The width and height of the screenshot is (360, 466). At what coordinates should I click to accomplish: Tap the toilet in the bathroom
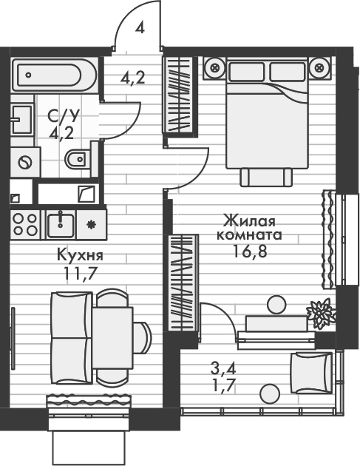[77, 159]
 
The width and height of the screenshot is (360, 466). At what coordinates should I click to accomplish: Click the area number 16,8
[248, 251]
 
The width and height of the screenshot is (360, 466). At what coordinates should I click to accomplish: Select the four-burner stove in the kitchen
[25, 223]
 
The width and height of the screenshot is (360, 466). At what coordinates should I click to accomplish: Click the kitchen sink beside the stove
[58, 222]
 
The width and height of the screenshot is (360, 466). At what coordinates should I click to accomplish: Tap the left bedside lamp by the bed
[215, 68]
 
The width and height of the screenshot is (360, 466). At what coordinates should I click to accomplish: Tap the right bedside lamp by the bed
[319, 68]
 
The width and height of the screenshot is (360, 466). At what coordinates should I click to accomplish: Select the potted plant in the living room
[321, 313]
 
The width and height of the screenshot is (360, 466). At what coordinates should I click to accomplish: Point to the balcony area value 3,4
[219, 367]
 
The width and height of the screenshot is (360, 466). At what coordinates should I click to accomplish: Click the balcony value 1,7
[220, 382]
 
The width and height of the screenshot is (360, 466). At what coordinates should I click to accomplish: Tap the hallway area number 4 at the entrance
[140, 29]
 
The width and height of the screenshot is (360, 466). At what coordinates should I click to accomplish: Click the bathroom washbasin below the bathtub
[20, 117]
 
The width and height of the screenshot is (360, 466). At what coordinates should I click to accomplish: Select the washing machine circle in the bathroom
[26, 160]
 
